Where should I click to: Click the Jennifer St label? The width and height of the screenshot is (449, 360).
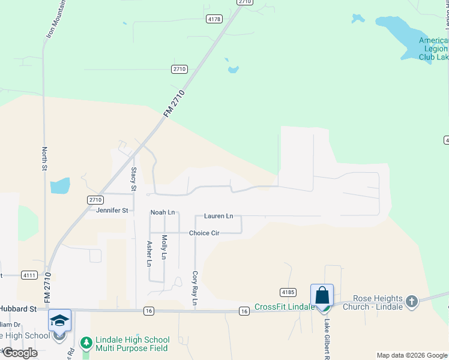pyautogui.click(x=112, y=211)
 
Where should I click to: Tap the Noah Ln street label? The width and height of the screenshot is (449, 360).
pyautogui.click(x=162, y=212)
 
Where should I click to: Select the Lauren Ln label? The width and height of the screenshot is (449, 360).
pyautogui.click(x=218, y=216)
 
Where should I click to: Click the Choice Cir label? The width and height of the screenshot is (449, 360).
pyautogui.click(x=203, y=233)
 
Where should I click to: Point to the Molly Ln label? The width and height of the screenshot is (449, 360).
pyautogui.click(x=164, y=247)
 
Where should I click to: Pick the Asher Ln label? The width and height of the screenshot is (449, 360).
pyautogui.click(x=149, y=253)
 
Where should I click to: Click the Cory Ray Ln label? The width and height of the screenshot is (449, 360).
pyautogui.click(x=194, y=288)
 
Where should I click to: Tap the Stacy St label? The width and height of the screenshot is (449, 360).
pyautogui.click(x=133, y=179)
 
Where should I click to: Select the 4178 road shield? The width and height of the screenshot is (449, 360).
pyautogui.click(x=214, y=19)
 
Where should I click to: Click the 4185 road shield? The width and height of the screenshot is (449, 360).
pyautogui.click(x=289, y=292)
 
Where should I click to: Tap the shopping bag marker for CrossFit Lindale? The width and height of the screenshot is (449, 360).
pyautogui.click(x=322, y=296)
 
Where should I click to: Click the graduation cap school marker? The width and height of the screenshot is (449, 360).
pyautogui.click(x=59, y=321)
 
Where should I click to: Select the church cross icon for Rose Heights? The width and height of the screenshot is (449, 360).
pyautogui.click(x=411, y=301)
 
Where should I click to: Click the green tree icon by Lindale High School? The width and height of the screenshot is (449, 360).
pyautogui.click(x=86, y=343)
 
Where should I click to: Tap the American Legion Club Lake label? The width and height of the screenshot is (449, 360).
pyautogui.click(x=433, y=49)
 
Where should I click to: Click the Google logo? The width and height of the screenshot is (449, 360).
pyautogui.click(x=20, y=353)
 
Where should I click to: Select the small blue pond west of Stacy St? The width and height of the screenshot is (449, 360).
pyautogui.click(x=60, y=185)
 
